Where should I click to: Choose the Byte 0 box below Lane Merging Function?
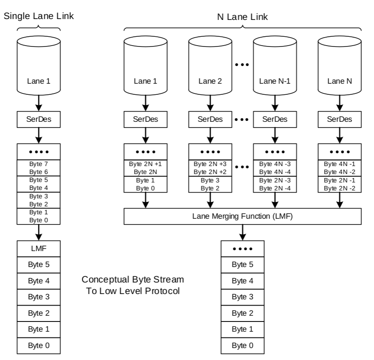click(243, 345)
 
